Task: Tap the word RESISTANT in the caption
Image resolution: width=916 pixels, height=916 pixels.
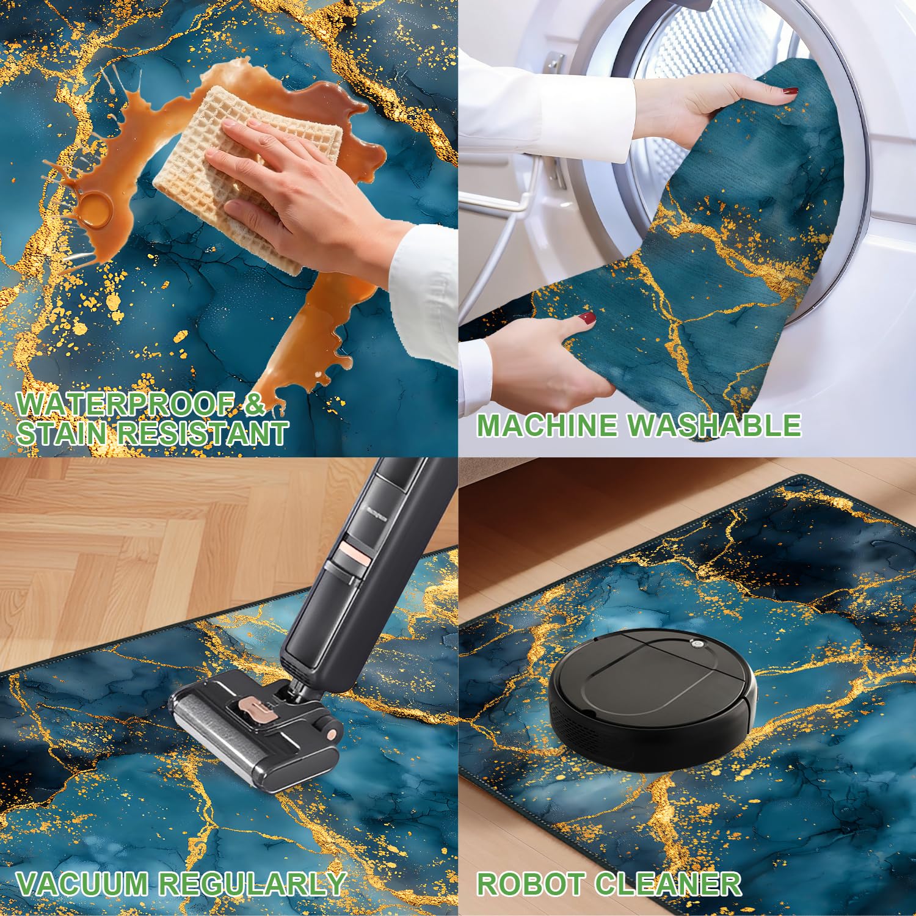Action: (203, 433)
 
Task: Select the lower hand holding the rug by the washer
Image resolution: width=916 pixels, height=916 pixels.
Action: (543, 360)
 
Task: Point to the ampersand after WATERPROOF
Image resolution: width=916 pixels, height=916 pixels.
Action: (252, 404)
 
